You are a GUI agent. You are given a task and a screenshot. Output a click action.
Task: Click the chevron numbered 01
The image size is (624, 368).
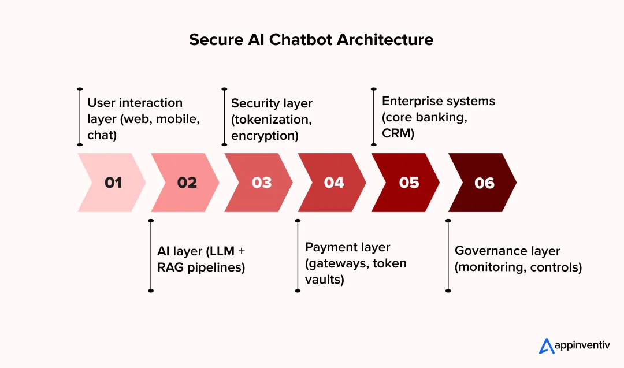pos(113,183)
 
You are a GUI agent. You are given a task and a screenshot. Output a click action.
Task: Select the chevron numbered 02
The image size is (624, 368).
pos(186,183)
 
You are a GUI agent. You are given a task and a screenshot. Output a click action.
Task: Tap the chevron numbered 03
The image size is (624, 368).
pos(261,183)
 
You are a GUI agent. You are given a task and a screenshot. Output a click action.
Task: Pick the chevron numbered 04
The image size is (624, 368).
pos(334,183)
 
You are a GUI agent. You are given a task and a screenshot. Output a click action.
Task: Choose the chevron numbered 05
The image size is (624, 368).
pos(408,183)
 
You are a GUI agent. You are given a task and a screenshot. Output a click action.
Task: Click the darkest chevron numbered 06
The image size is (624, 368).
pos(484,183)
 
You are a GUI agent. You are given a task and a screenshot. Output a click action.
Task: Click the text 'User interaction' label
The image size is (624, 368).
pos(135,103)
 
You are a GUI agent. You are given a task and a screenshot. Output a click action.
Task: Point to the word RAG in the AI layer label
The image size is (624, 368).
pos(170,268)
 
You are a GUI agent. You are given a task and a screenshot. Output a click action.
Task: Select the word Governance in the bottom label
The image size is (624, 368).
pos(482,251)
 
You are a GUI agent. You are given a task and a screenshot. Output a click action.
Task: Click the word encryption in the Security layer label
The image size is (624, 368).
pos(265,136)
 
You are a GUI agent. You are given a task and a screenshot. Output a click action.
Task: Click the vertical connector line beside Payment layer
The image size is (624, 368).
pos(298,255)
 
